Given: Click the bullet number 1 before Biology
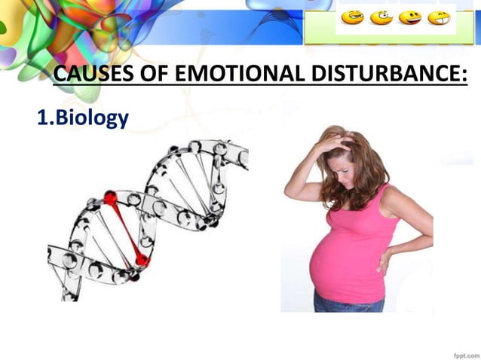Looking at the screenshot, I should tap(42, 118).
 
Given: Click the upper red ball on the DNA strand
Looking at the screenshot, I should tap(111, 198).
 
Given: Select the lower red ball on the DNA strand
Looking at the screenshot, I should tap(141, 261).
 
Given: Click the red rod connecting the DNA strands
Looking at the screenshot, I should tap(126, 230).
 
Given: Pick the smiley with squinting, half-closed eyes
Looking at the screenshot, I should tap(351, 17).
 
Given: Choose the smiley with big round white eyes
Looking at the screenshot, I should tap(381, 17).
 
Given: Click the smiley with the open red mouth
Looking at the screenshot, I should tap(410, 17).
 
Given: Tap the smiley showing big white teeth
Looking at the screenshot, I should tap(439, 17).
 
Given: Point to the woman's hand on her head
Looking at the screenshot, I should tap(332, 142).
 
